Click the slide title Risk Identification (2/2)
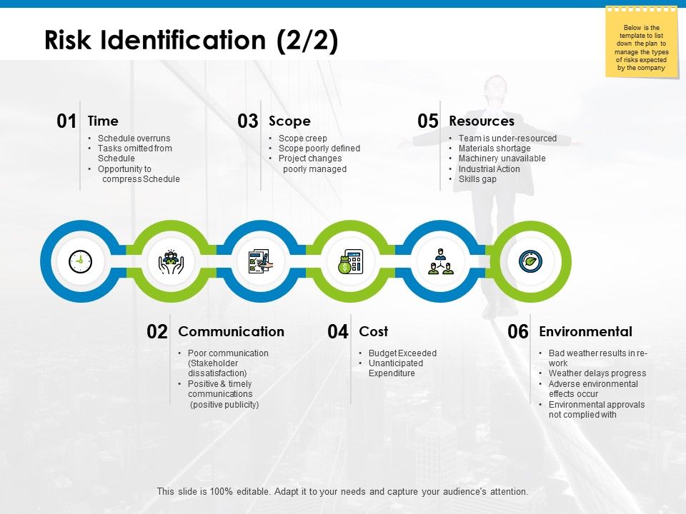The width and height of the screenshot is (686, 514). pyautogui.click(x=191, y=41)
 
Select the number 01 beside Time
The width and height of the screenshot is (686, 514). pyautogui.click(x=66, y=121)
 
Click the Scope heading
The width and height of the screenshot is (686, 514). pyautogui.click(x=289, y=121)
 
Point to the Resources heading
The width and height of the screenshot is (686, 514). pyautogui.click(x=482, y=121)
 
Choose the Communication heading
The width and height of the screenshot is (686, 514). pyautogui.click(x=231, y=331)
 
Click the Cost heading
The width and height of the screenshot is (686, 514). pyautogui.click(x=373, y=331)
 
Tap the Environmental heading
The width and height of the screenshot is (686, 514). pyautogui.click(x=585, y=331)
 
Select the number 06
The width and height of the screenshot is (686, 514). pyautogui.click(x=518, y=332)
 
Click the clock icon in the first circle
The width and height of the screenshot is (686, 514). pyautogui.click(x=80, y=262)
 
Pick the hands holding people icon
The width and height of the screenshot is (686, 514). pyautogui.click(x=171, y=262)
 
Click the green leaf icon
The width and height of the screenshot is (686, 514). pyautogui.click(x=530, y=262)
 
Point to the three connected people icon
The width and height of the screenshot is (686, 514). pyautogui.click(x=440, y=262)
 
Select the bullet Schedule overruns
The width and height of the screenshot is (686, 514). pyautogui.click(x=134, y=138)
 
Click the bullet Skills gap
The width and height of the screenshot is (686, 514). pyautogui.click(x=477, y=179)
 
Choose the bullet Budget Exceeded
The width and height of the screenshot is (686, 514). pyautogui.click(x=402, y=353)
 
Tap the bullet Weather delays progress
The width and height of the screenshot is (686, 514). pyautogui.click(x=597, y=373)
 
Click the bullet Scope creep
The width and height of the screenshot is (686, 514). pyautogui.click(x=303, y=138)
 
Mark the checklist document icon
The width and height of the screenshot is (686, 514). pyautogui.click(x=260, y=262)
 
